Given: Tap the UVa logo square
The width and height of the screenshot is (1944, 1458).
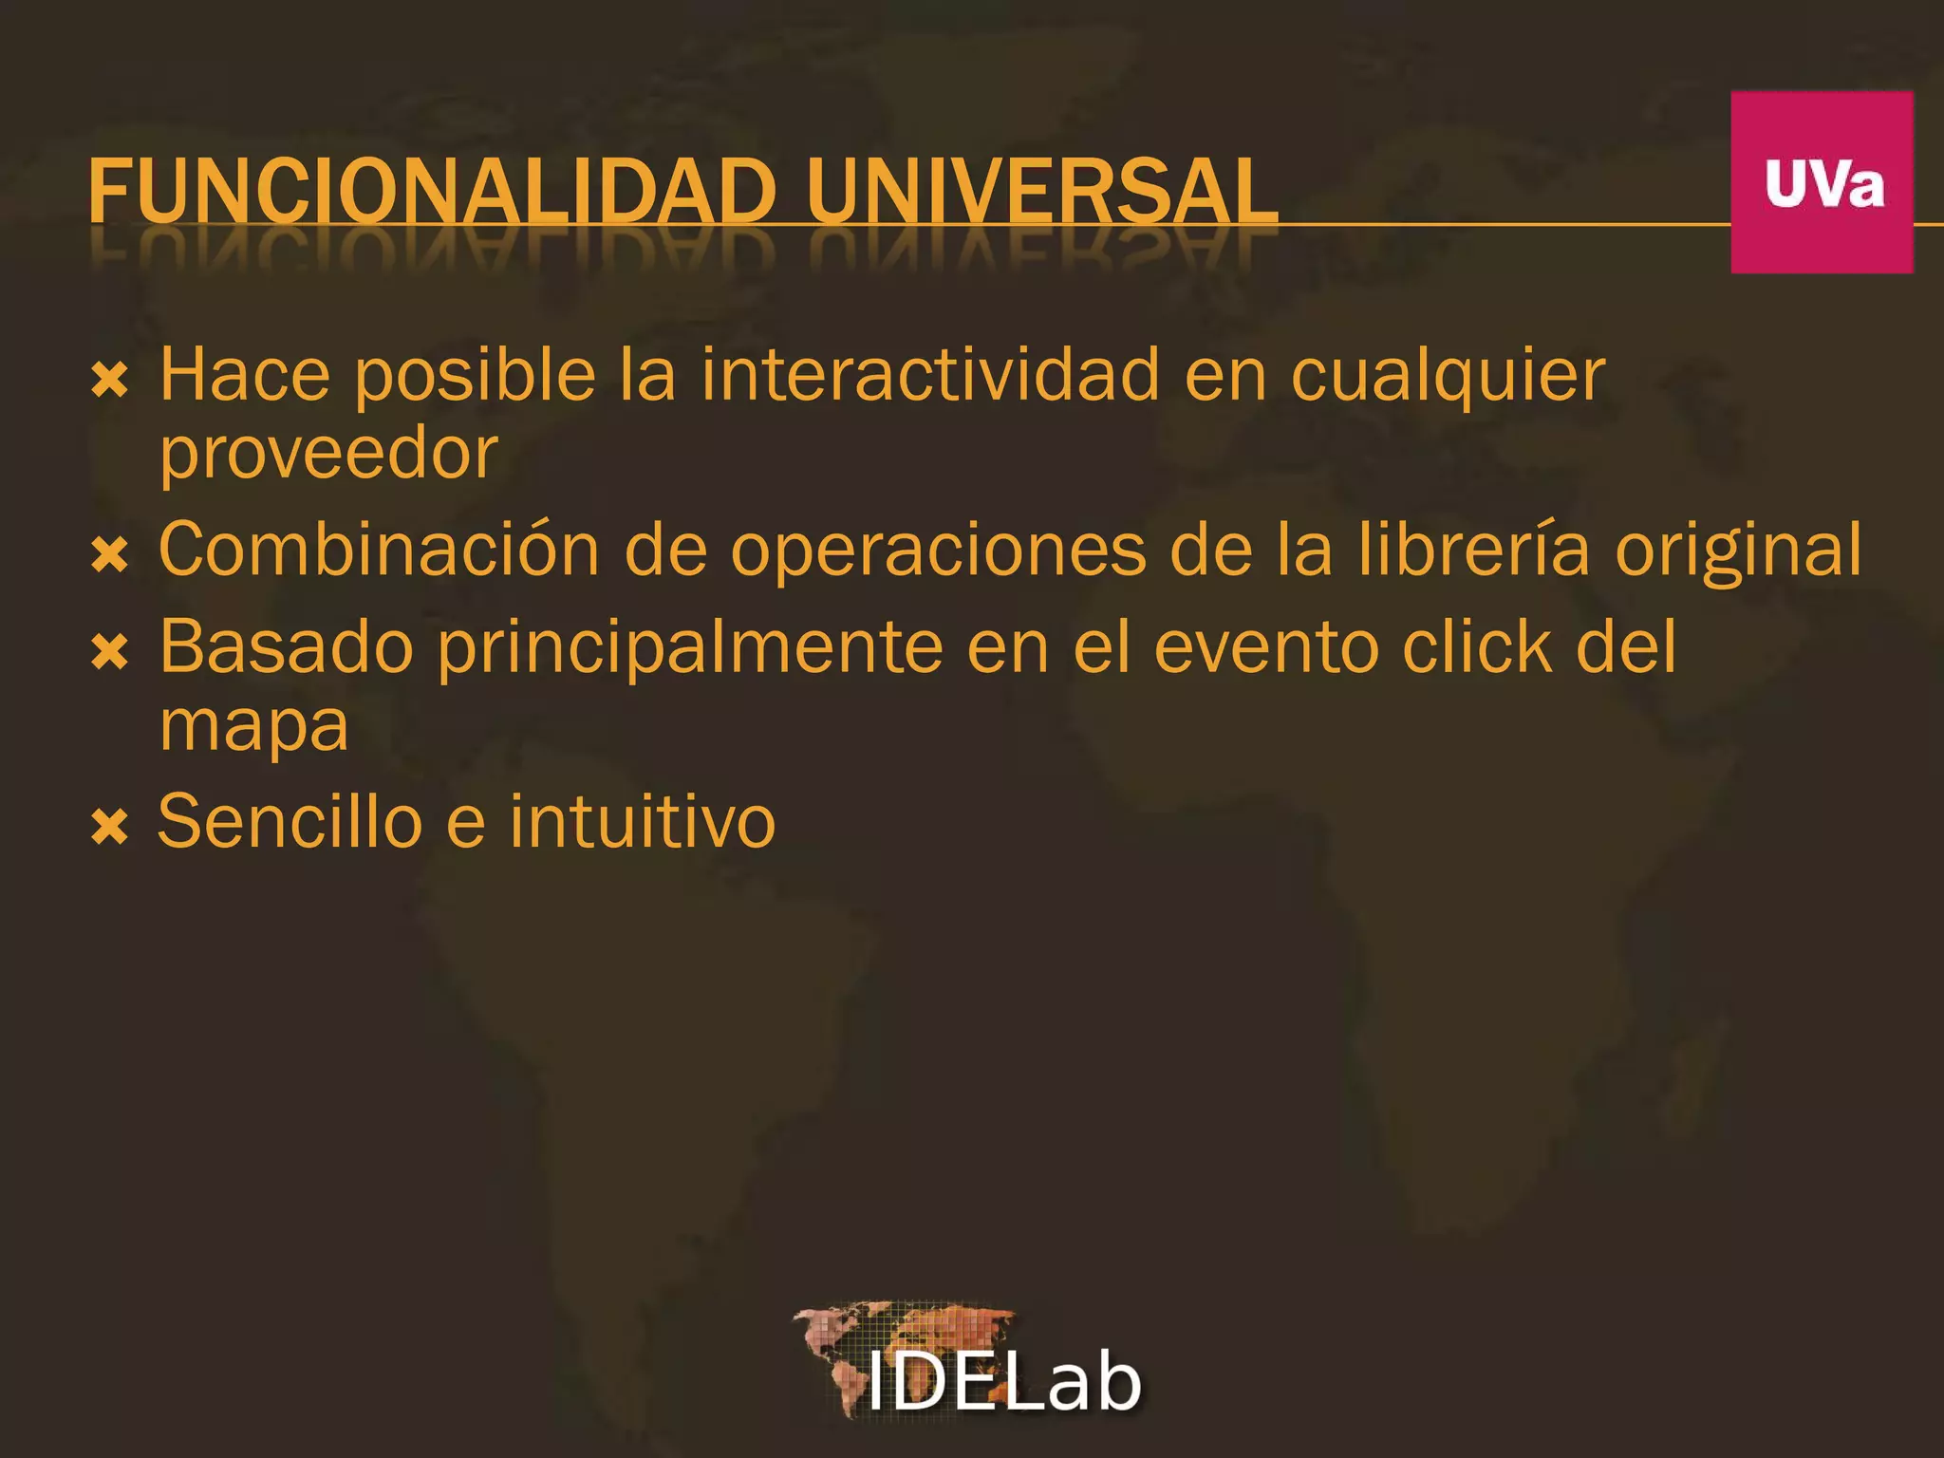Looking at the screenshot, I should point(1822,182).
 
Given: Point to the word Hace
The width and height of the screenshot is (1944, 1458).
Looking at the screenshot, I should point(245,375).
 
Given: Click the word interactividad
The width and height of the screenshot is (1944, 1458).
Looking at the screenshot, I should point(930,375).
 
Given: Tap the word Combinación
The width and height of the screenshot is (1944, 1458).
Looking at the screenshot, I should point(379,550).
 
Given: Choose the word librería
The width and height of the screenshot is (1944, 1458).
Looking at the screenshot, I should point(1472,550).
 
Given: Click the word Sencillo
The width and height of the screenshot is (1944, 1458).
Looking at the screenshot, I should point(290,821).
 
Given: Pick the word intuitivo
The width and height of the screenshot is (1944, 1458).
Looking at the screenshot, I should point(643,821).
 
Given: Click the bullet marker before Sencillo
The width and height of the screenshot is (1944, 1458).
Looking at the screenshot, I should point(110,827).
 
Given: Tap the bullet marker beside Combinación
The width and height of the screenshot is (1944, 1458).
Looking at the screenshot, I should point(110,554).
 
